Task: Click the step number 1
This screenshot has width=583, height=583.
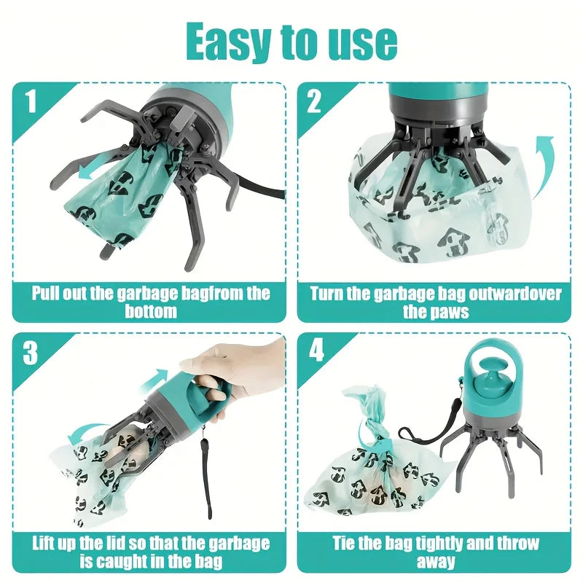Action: point(31,102)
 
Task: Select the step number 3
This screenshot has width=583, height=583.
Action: point(31,353)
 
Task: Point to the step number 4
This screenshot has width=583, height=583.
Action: point(316,352)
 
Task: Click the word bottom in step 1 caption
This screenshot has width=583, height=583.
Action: point(150,312)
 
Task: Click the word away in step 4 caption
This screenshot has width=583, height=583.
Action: point(436,562)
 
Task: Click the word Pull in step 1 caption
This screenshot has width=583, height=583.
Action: point(46,294)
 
